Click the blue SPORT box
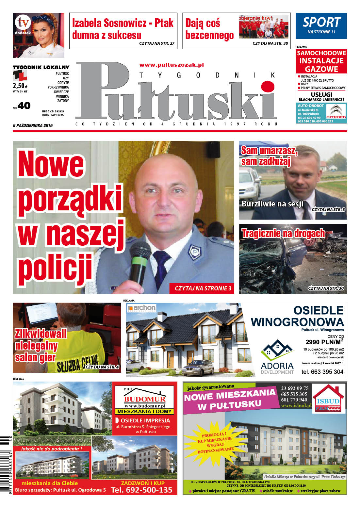pos(321,26)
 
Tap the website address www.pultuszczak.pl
pos(172,65)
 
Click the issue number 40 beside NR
pos(24,106)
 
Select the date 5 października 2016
pos(33,125)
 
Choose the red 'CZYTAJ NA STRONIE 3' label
pos(203,288)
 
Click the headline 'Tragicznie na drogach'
pos(283,233)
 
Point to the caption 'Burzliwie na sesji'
pos(272,204)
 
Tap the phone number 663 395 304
pos(322,371)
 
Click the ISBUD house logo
pos(328,399)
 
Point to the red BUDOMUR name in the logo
pos(144,399)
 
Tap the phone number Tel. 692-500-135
pos(141,490)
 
